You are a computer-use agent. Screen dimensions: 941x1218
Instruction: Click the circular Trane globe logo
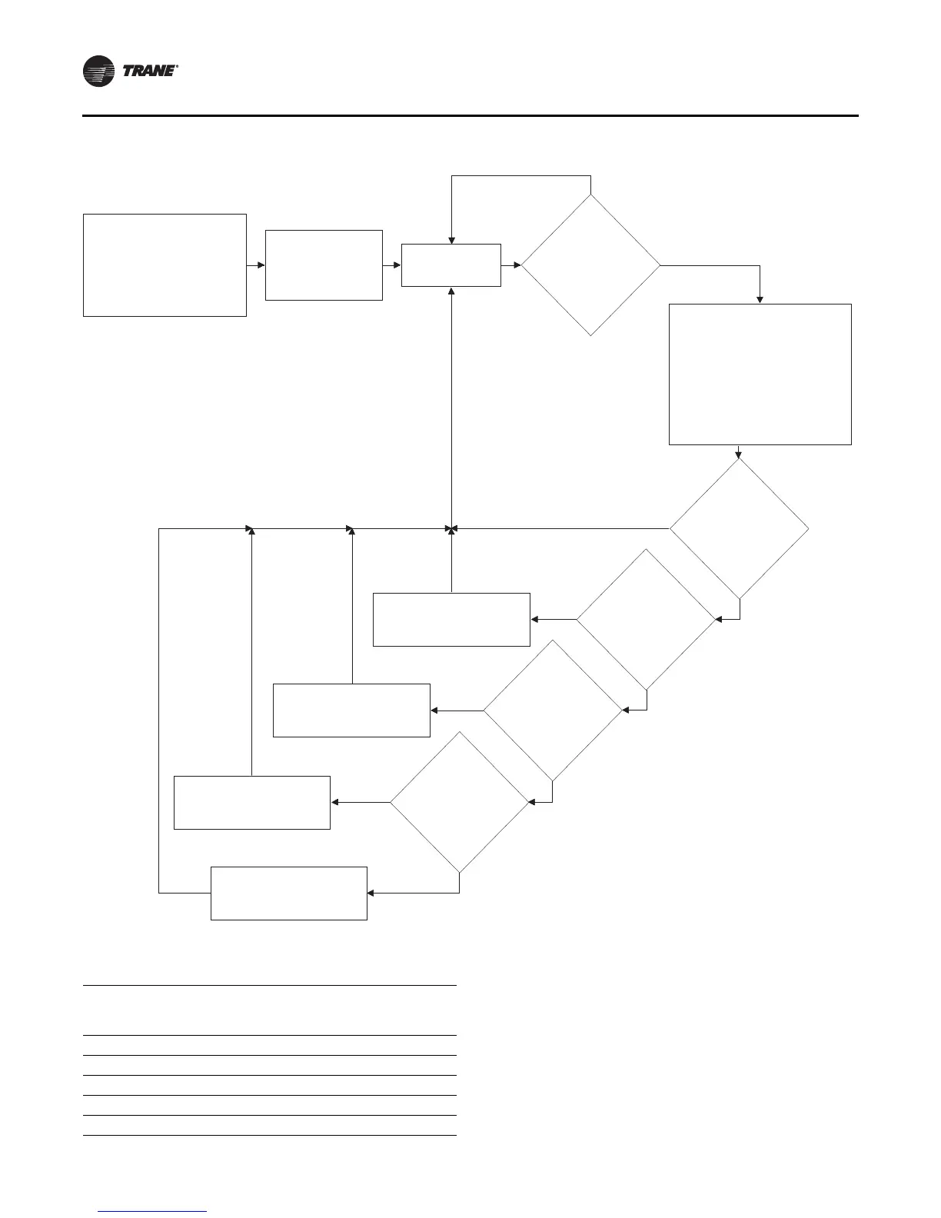(x=99, y=72)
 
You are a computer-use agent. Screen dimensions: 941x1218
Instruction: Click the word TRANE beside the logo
(x=150, y=72)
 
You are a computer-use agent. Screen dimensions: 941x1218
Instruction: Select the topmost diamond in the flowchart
(x=590, y=265)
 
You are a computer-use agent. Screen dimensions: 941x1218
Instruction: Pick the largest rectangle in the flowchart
(x=760, y=374)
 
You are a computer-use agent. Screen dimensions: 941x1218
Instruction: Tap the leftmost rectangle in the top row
(x=165, y=265)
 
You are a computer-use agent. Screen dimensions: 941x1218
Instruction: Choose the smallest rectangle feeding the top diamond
(x=451, y=265)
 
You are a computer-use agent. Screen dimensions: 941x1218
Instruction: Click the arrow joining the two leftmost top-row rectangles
(x=256, y=265)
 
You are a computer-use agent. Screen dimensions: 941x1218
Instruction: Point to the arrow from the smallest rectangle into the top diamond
(x=511, y=265)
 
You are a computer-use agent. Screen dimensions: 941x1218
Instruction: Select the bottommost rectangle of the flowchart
(x=288, y=893)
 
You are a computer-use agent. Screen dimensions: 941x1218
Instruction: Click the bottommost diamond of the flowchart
(x=459, y=803)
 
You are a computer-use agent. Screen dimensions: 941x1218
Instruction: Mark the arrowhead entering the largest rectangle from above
(x=760, y=299)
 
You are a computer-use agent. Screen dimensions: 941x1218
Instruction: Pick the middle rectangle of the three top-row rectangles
(x=324, y=265)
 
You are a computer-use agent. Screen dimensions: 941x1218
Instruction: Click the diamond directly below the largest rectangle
(x=739, y=529)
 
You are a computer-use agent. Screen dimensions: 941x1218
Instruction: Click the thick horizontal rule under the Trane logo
(x=470, y=116)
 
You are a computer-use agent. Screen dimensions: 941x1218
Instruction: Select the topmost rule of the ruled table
(x=269, y=985)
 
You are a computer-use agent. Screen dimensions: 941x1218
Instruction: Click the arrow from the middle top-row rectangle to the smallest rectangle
(x=392, y=265)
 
